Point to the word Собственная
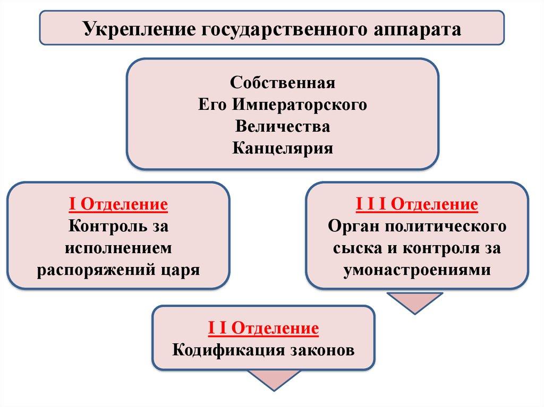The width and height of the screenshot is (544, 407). (x=283, y=83)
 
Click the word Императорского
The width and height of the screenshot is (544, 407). (x=299, y=105)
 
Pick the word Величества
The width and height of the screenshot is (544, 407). (x=283, y=126)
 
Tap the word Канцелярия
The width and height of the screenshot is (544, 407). (x=283, y=148)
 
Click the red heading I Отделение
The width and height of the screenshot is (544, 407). (x=118, y=205)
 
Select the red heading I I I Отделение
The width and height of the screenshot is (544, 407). (x=416, y=205)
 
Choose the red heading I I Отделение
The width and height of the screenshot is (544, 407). (x=263, y=328)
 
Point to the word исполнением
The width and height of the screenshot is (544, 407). (x=118, y=248)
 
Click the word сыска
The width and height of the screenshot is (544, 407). (x=356, y=248)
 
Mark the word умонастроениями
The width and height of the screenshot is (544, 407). (x=416, y=270)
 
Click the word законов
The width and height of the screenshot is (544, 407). (x=322, y=350)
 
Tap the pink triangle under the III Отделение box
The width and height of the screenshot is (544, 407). (x=414, y=301)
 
